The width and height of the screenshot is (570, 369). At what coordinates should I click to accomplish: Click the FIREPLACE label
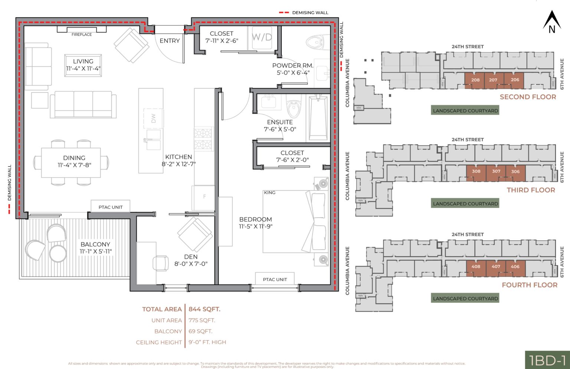coord(82,35)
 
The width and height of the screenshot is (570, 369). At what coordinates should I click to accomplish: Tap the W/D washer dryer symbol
coord(262,37)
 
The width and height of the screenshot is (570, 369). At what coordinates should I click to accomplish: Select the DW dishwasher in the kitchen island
coord(153,118)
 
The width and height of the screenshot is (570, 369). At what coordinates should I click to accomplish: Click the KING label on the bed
coord(270,193)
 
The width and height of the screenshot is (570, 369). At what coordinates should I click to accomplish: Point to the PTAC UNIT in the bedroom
coord(275,279)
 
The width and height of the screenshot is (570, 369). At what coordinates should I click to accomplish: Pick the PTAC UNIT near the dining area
coord(110,207)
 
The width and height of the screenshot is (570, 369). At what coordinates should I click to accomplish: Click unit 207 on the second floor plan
coord(493,80)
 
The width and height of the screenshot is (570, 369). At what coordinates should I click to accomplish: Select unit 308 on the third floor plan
coord(476,172)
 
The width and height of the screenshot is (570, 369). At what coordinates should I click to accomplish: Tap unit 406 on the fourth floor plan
coord(515,267)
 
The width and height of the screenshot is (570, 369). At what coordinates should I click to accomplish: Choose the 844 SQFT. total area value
coord(204,309)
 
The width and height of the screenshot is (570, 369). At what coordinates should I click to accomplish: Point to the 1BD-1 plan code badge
coord(547,360)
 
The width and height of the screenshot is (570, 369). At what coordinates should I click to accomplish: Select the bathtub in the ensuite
coord(318,118)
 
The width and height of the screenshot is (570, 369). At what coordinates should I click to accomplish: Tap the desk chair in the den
coord(161,263)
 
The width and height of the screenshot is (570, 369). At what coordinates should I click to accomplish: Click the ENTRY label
coord(170,41)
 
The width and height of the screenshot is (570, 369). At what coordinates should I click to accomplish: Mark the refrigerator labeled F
coord(204,197)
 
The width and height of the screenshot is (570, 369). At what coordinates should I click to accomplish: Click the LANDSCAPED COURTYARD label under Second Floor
coord(465,111)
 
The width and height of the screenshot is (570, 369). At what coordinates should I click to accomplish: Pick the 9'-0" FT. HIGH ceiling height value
coord(207,342)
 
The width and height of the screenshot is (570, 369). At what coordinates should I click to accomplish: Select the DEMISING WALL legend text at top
coord(310,13)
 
